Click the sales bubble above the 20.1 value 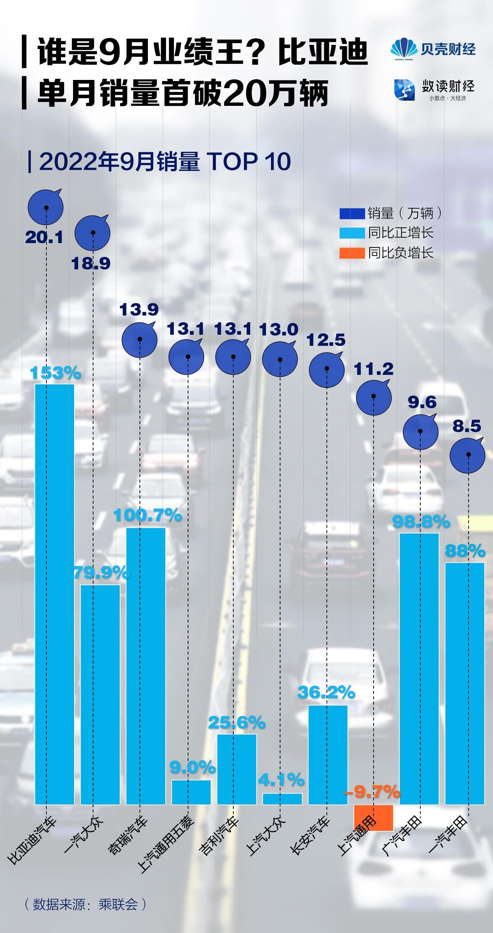46,207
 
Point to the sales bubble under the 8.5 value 467,456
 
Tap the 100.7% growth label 148,515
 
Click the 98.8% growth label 421,522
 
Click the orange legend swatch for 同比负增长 352,253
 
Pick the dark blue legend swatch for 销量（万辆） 352,214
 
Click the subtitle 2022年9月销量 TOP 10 164,161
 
